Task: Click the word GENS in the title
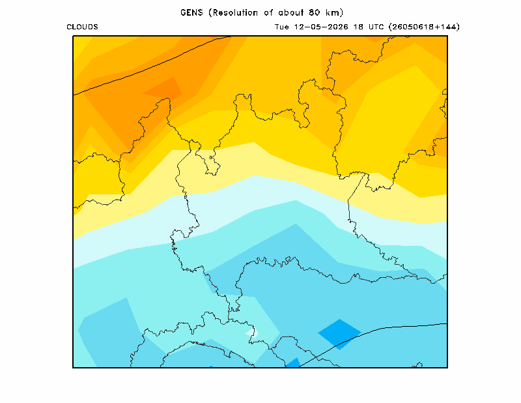191,12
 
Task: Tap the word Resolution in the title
235,12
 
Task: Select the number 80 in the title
314,12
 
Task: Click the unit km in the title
333,12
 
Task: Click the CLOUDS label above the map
83,27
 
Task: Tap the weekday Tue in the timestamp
282,27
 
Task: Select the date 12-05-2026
321,27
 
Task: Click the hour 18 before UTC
358,27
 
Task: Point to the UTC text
376,27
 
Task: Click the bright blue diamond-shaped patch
339,334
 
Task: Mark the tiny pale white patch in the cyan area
253,332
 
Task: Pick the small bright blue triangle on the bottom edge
294,363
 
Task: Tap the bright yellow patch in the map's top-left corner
79,45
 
